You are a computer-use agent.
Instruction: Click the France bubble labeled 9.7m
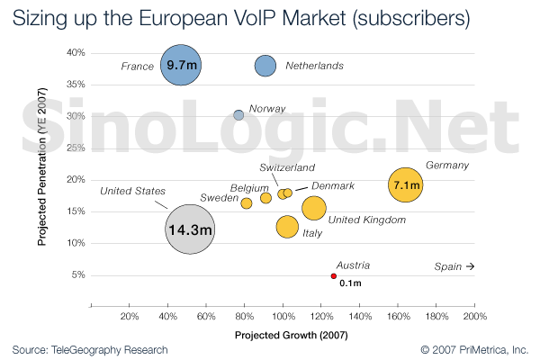tap(181, 65)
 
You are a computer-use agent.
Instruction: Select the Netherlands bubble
tap(265, 66)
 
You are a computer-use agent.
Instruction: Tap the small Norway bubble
tap(238, 115)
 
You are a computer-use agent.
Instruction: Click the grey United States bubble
tap(190, 229)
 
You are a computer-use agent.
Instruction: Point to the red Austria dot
tap(334, 276)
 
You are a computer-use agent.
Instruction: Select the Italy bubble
tap(287, 227)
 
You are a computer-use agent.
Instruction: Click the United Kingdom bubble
tap(313, 208)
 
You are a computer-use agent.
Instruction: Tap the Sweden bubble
tap(247, 203)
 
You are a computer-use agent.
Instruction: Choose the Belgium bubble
tap(265, 198)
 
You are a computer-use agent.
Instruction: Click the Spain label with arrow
tap(454, 266)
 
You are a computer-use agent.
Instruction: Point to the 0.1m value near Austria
tap(350, 283)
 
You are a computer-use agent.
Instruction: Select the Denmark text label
tap(333, 185)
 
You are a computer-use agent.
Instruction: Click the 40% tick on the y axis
tap(76, 53)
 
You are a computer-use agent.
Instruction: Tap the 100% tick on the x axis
tap(283, 317)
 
